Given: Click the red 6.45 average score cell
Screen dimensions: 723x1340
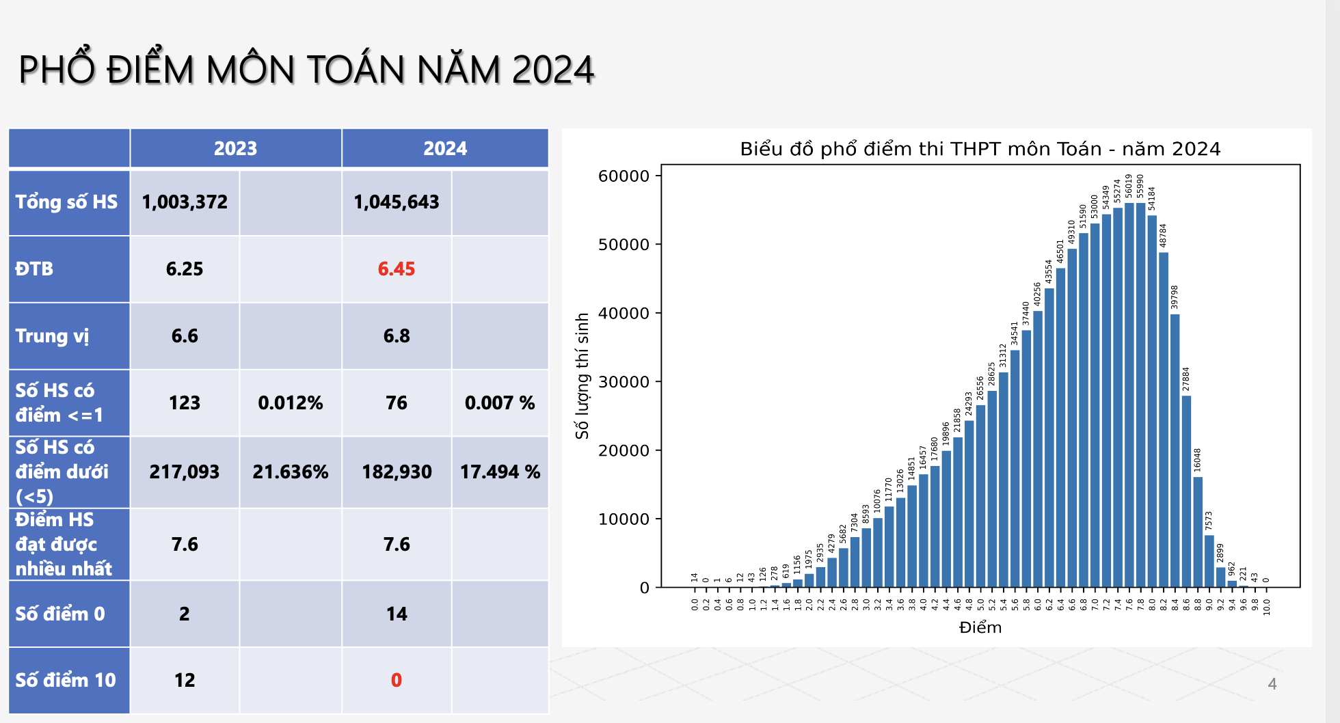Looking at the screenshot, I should [x=396, y=269].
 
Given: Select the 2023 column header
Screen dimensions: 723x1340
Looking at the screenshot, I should [x=235, y=148].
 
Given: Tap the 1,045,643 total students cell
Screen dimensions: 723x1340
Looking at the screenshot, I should [x=396, y=202].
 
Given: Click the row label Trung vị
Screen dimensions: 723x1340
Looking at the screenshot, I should [x=52, y=336].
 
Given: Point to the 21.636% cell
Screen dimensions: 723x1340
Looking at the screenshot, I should [x=290, y=472].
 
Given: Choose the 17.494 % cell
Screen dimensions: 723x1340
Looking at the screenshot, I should [x=500, y=472].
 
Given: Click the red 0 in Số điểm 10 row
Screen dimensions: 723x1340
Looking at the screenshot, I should [x=396, y=680].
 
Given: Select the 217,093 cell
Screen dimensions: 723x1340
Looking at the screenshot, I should [x=184, y=472].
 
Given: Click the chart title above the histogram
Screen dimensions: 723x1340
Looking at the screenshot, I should [x=980, y=149].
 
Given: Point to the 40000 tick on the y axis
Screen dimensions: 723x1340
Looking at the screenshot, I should [x=624, y=313].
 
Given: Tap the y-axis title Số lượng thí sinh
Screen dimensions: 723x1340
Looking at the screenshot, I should [x=582, y=376].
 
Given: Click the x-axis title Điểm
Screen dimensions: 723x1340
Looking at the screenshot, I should [x=980, y=627].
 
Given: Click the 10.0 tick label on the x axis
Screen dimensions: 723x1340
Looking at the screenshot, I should [x=1266, y=606].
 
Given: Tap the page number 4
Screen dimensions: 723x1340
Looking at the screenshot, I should [x=1272, y=683].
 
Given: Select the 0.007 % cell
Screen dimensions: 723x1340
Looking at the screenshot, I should [x=500, y=403].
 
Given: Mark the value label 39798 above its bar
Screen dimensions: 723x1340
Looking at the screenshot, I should [x=1175, y=297].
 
